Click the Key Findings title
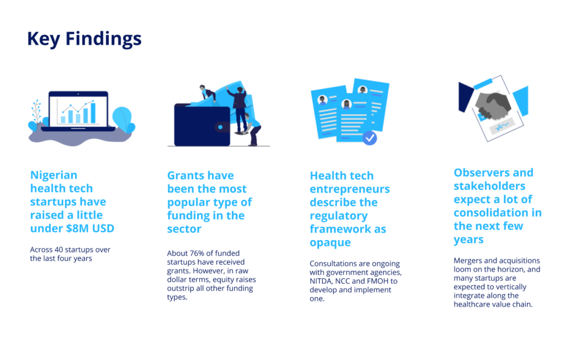pos(84,39)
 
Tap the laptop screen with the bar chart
pos(78,110)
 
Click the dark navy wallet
pos(202,125)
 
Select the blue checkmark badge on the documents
pos(369,138)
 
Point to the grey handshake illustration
pos(493,105)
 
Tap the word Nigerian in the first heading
pos(54,175)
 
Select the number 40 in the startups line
pos(59,250)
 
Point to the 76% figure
pos(197,253)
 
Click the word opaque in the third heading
pos(330,242)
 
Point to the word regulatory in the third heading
pos(339,216)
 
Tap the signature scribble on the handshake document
pos(501,126)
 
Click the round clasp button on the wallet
pos(220,127)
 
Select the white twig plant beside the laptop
pos(36,111)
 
